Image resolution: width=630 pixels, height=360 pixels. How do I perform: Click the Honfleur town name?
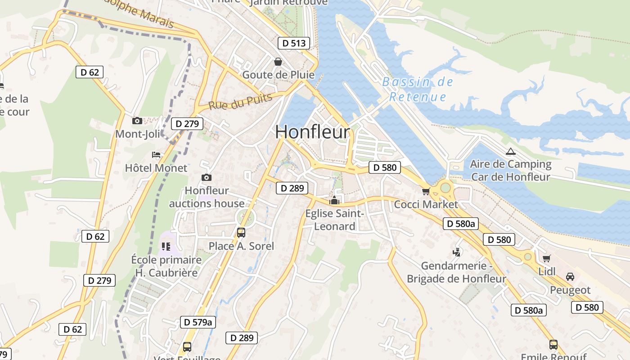coord(312,132)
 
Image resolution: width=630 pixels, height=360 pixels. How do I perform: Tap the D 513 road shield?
coord(294,43)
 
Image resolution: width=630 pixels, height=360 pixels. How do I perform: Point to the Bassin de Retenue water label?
coord(418,89)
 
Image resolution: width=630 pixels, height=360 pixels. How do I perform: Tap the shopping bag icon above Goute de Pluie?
coord(278,61)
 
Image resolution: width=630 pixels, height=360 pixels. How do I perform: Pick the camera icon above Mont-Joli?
coord(137,121)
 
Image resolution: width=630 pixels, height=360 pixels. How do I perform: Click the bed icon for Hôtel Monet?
coord(156,155)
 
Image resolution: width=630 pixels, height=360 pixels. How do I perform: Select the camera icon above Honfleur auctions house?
coord(207,177)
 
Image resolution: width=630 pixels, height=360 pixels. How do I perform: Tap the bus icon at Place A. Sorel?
coord(241,232)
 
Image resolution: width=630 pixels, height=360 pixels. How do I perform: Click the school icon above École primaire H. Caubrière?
coord(166,246)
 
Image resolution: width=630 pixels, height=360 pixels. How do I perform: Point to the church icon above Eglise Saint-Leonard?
coord(334,200)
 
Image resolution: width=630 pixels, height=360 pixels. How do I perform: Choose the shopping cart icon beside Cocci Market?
coord(426,191)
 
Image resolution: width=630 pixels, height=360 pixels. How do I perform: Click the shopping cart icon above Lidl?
coord(547,258)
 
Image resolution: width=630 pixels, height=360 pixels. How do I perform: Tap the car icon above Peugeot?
coord(570,276)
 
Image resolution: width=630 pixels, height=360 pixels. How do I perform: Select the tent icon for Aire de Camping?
coord(510,151)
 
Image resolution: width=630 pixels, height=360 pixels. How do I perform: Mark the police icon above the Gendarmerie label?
coord(457,252)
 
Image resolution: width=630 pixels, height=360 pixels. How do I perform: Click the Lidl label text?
coord(547,271)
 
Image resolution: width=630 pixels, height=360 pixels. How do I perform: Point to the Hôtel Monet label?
coord(156,168)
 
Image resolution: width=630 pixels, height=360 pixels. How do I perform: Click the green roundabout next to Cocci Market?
coord(445,188)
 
